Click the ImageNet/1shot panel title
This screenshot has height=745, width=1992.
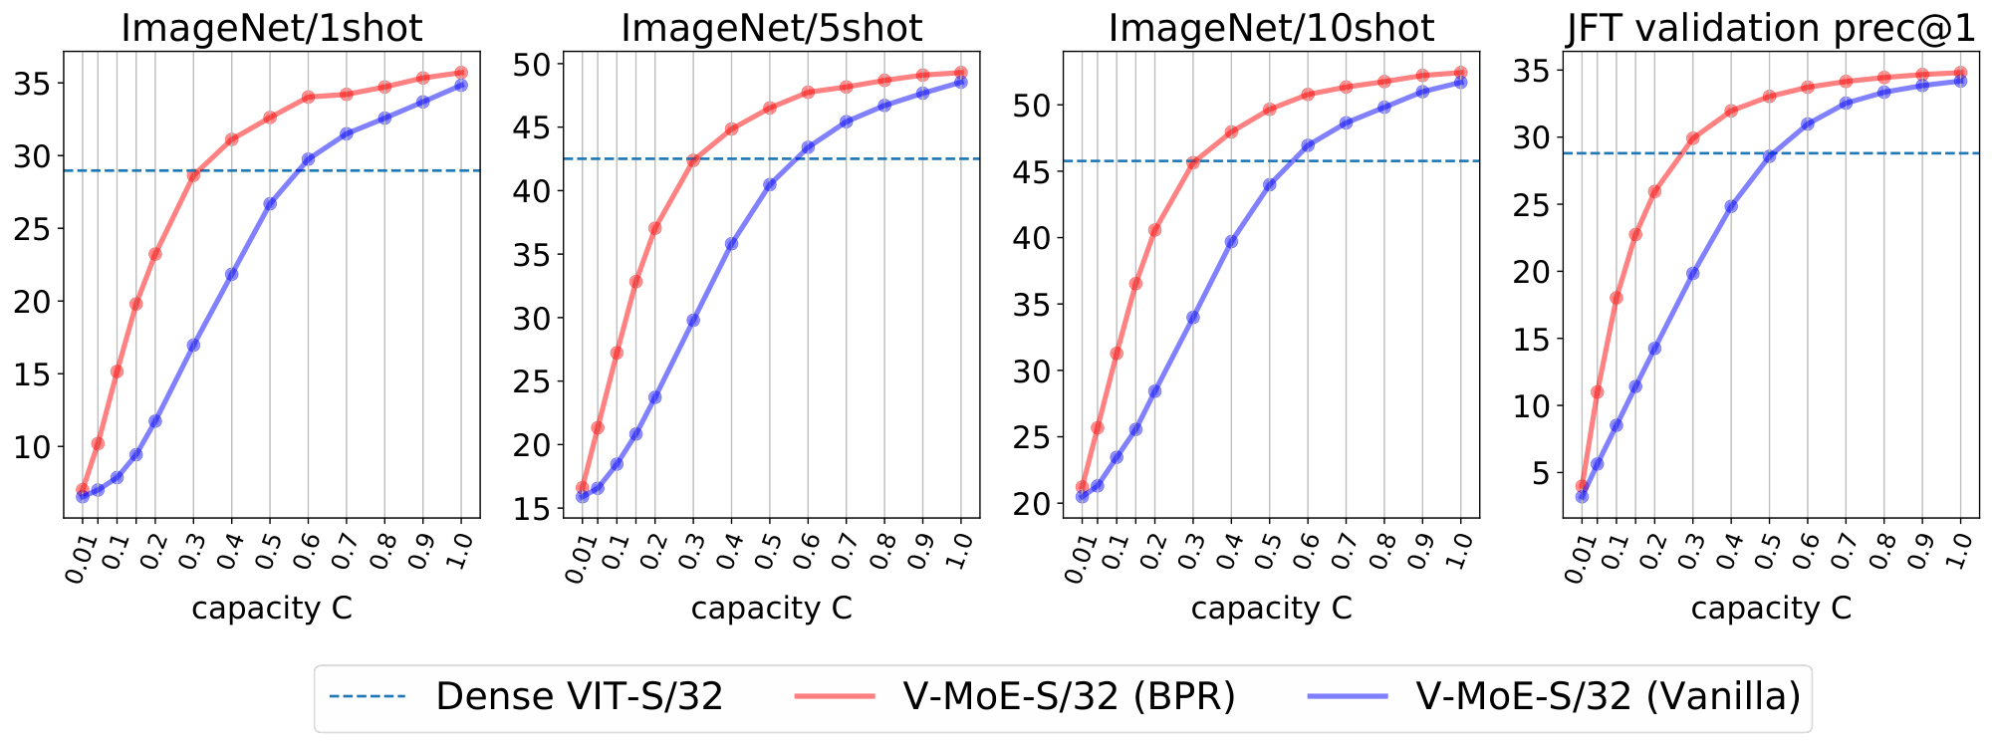click(271, 28)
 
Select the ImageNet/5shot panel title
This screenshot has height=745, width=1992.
click(771, 28)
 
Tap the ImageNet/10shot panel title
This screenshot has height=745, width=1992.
click(1271, 28)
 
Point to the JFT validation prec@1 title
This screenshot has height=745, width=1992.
click(1771, 28)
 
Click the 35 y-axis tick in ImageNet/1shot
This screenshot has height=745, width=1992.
click(34, 84)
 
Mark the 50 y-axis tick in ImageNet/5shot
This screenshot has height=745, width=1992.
click(534, 65)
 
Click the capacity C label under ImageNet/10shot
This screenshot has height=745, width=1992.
click(1271, 608)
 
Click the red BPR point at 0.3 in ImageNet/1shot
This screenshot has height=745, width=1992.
click(193, 174)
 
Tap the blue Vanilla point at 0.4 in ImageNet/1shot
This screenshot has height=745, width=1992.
click(231, 274)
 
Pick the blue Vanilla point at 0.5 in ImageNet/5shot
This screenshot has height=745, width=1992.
click(769, 184)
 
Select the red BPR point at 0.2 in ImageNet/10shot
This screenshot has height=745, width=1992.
click(1154, 230)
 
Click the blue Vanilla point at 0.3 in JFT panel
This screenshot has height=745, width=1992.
click(1692, 273)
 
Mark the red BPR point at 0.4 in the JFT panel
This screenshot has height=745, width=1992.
click(1731, 111)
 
